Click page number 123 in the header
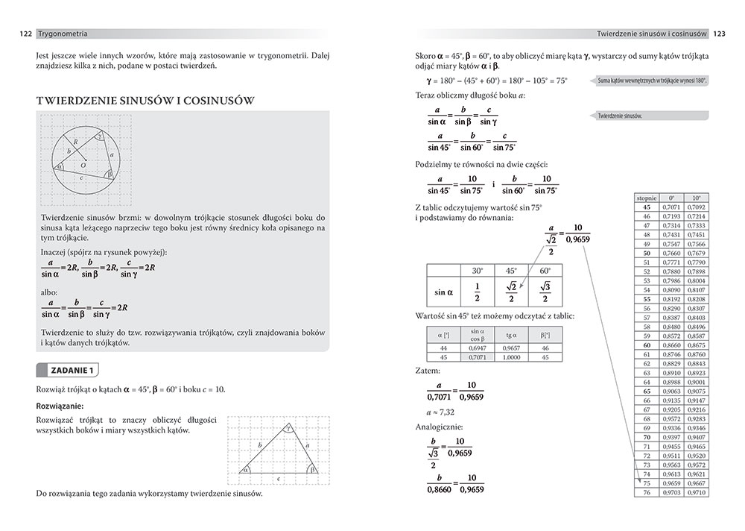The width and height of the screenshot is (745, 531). [720, 34]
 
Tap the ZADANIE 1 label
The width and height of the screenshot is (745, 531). [71, 370]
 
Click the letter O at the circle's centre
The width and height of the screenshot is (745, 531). [83, 164]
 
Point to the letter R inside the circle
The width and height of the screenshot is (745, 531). [76, 141]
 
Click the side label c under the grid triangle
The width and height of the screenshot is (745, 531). [278, 478]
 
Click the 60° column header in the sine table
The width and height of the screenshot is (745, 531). [545, 271]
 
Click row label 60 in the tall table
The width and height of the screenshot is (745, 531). [647, 345]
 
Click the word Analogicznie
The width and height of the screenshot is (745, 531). [439, 427]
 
